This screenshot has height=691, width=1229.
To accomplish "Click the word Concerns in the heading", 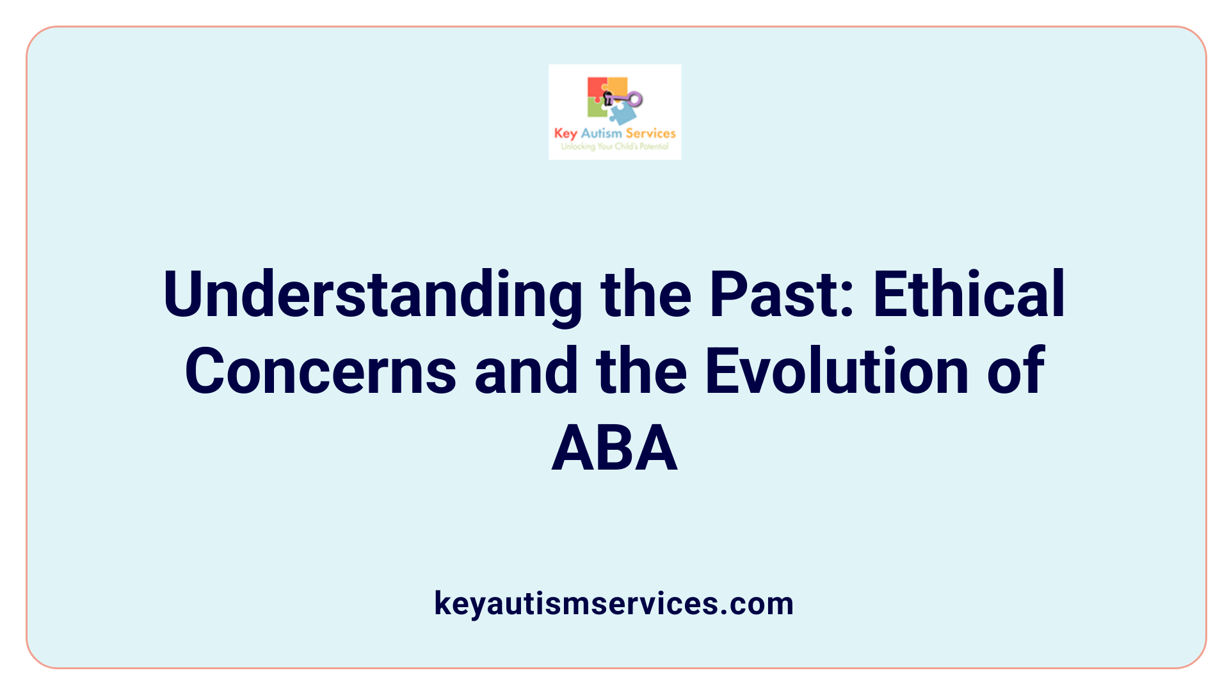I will [x=320, y=371].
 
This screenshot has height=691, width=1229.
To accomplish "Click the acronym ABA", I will [x=614, y=449].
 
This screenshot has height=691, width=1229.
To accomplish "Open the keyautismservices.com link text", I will [x=614, y=603].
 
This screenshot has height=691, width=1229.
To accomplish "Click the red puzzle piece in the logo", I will [x=596, y=88].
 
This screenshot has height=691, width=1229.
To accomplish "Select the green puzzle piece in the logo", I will [x=596, y=109].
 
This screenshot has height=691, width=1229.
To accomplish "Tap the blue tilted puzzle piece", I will [x=622, y=115].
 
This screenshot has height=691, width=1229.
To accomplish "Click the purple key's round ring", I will [x=635, y=99].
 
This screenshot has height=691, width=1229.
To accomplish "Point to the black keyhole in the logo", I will [x=607, y=99].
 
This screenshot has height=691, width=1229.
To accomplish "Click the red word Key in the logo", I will [x=565, y=133].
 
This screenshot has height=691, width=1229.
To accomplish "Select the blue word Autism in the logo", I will [x=601, y=133].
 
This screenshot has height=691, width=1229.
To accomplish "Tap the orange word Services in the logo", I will [x=650, y=133].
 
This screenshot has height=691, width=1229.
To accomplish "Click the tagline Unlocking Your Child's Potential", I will [x=614, y=147].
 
